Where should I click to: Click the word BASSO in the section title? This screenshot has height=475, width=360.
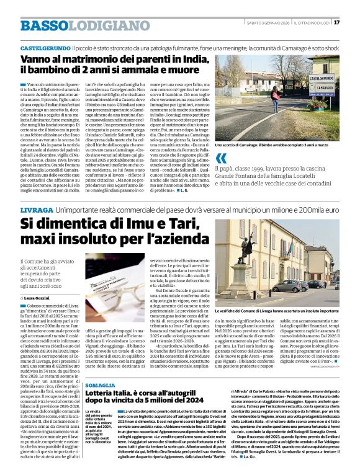(42, 25)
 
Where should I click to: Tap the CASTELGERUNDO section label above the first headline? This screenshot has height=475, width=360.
(44, 47)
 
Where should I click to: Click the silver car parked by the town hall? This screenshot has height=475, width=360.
(286, 286)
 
